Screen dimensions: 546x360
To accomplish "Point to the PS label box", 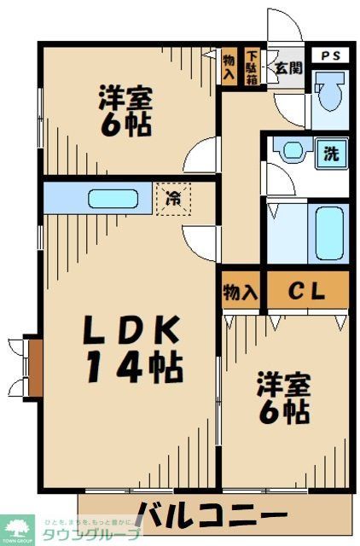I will coord(329,55).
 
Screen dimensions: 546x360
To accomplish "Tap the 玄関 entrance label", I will coord(287,67).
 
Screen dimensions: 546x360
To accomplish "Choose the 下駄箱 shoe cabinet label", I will coord(253,66).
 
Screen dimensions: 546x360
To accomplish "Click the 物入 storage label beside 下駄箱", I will coord(229,66).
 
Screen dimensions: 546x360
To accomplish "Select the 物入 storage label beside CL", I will coord(240,292).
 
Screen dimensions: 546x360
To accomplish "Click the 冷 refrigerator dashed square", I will coord(173,200).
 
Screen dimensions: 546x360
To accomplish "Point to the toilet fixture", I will coord(328,98).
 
